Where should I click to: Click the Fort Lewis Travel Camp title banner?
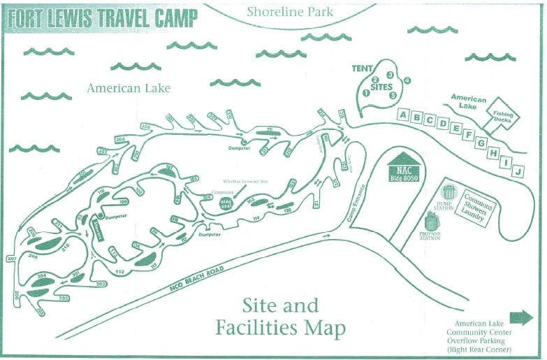click(x=102, y=19)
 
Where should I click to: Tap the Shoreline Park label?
click(x=290, y=12)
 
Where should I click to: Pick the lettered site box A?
click(x=403, y=115)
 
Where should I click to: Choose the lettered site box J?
click(x=518, y=171)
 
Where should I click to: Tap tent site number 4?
click(x=407, y=80)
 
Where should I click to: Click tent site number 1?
click(x=365, y=93)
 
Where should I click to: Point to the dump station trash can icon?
click(x=449, y=192)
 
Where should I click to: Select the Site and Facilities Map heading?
click(x=280, y=317)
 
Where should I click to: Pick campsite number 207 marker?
click(x=10, y=259)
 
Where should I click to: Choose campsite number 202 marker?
click(x=101, y=285)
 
